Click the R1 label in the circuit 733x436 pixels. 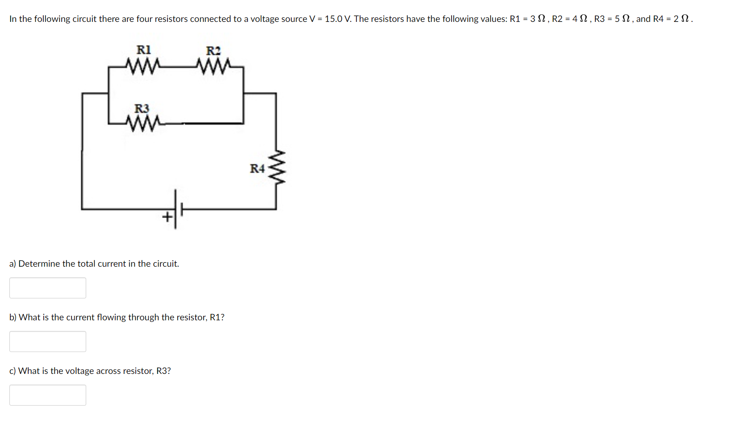(x=143, y=50)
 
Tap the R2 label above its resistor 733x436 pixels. (x=213, y=51)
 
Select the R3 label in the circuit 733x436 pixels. (x=142, y=109)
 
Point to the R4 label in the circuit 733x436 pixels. (x=257, y=168)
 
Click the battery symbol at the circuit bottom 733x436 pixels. (x=178, y=209)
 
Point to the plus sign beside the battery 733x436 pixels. (x=167, y=218)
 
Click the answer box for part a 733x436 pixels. (x=48, y=288)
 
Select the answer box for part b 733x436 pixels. (x=48, y=342)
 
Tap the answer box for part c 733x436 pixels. (x=48, y=395)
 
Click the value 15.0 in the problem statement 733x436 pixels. (x=334, y=19)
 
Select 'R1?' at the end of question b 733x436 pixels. (x=217, y=317)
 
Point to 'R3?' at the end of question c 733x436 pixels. (x=163, y=371)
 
